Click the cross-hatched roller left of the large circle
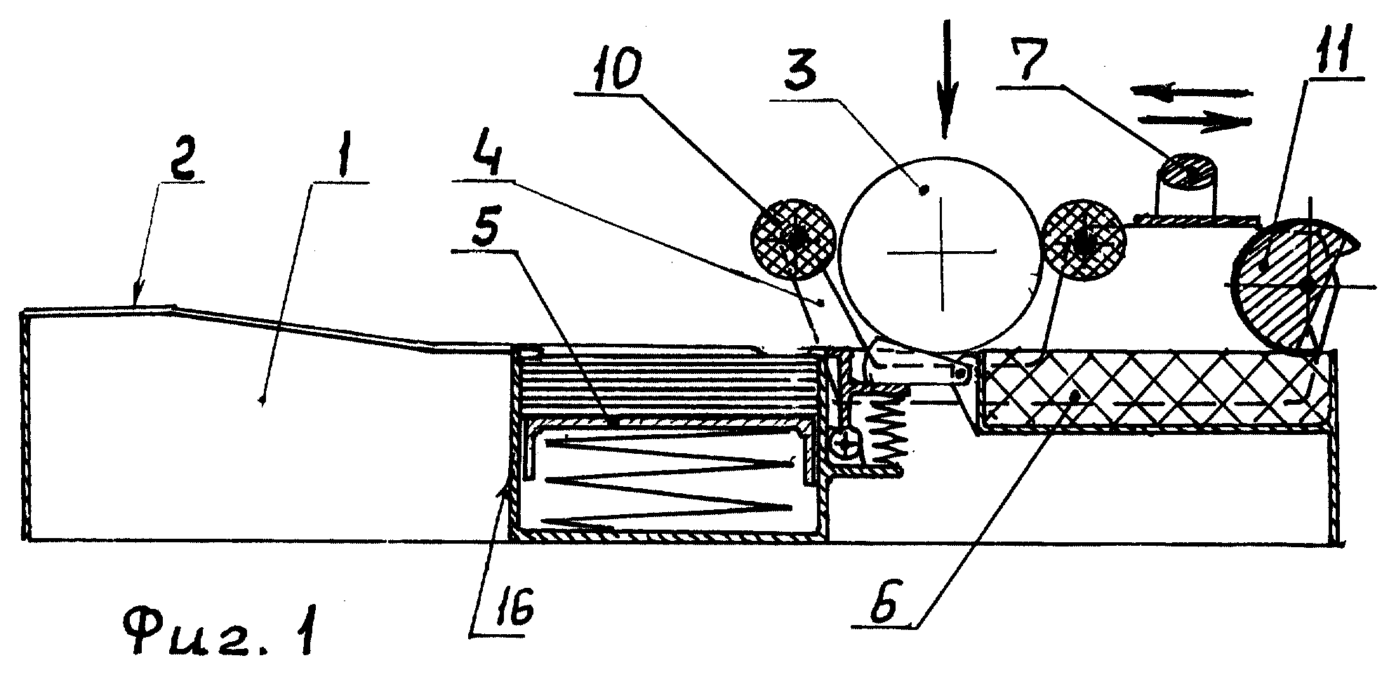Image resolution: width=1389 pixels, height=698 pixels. tap(794, 239)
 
